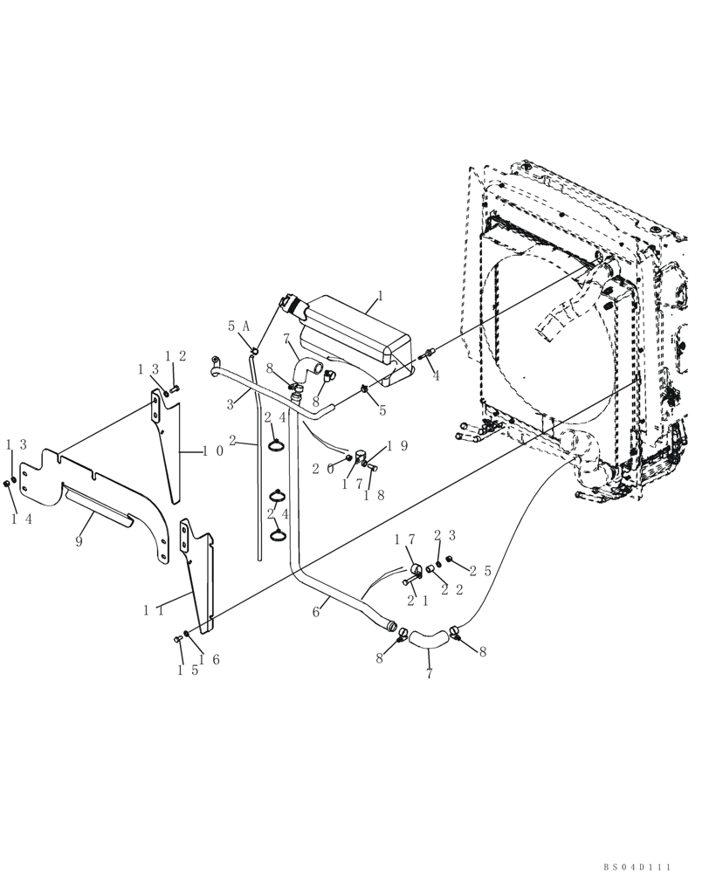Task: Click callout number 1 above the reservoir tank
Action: [x=378, y=297]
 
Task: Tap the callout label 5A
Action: [x=239, y=326]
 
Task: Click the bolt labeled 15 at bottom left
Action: [x=179, y=642]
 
